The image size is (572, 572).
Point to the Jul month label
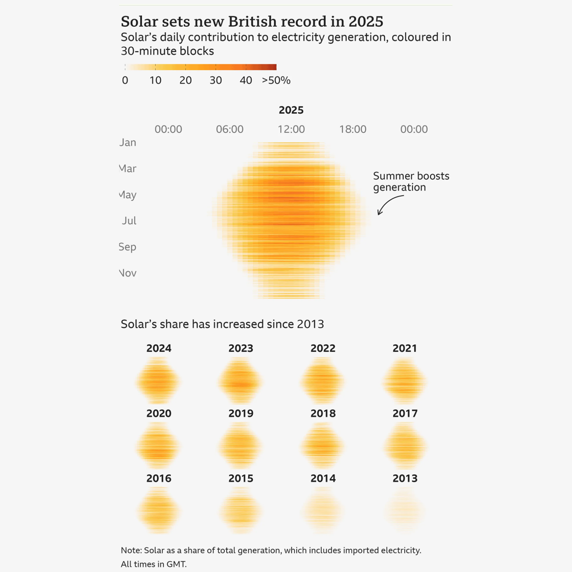[129, 221]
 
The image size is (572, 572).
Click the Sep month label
[128, 247]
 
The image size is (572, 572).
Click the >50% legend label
[276, 80]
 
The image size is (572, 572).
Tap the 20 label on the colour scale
[185, 80]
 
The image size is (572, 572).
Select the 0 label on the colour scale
[125, 80]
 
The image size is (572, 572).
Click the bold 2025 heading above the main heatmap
[291, 110]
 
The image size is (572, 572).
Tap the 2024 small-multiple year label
[159, 348]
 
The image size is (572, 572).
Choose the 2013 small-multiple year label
[405, 478]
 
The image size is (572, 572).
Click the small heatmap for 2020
[158, 446]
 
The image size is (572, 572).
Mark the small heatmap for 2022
[322, 381]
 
